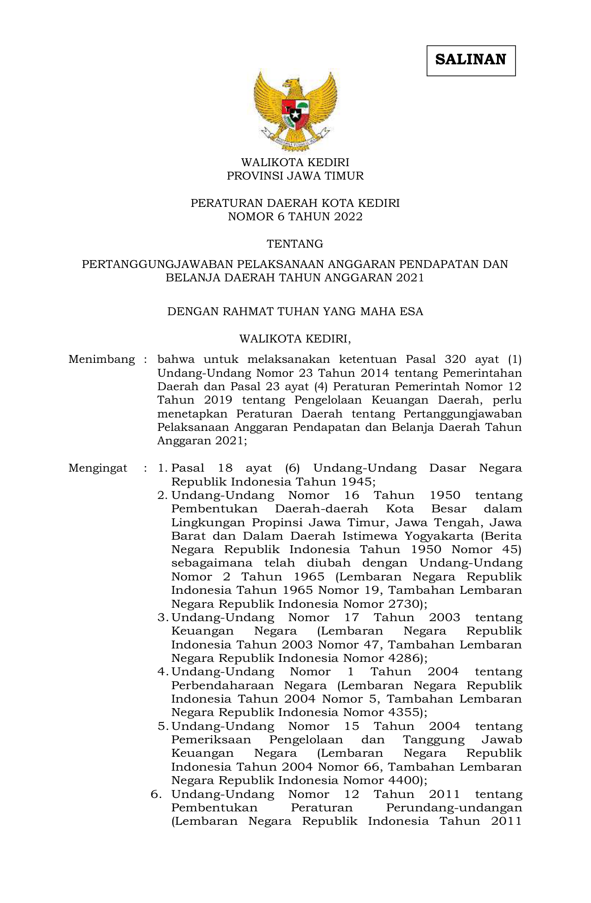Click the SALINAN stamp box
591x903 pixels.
[x=471, y=60]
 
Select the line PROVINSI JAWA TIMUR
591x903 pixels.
[x=295, y=176]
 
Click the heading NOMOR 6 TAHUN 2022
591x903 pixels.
[x=295, y=217]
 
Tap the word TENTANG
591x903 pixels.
[x=295, y=244]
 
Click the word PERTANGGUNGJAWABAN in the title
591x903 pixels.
[x=158, y=264]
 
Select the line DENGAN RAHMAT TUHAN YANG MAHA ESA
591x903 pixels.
[x=295, y=311]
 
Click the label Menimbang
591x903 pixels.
[x=101, y=359]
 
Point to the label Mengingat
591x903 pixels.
[x=98, y=468]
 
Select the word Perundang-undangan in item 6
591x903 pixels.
[x=454, y=808]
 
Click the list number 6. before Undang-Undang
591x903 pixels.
[x=156, y=794]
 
